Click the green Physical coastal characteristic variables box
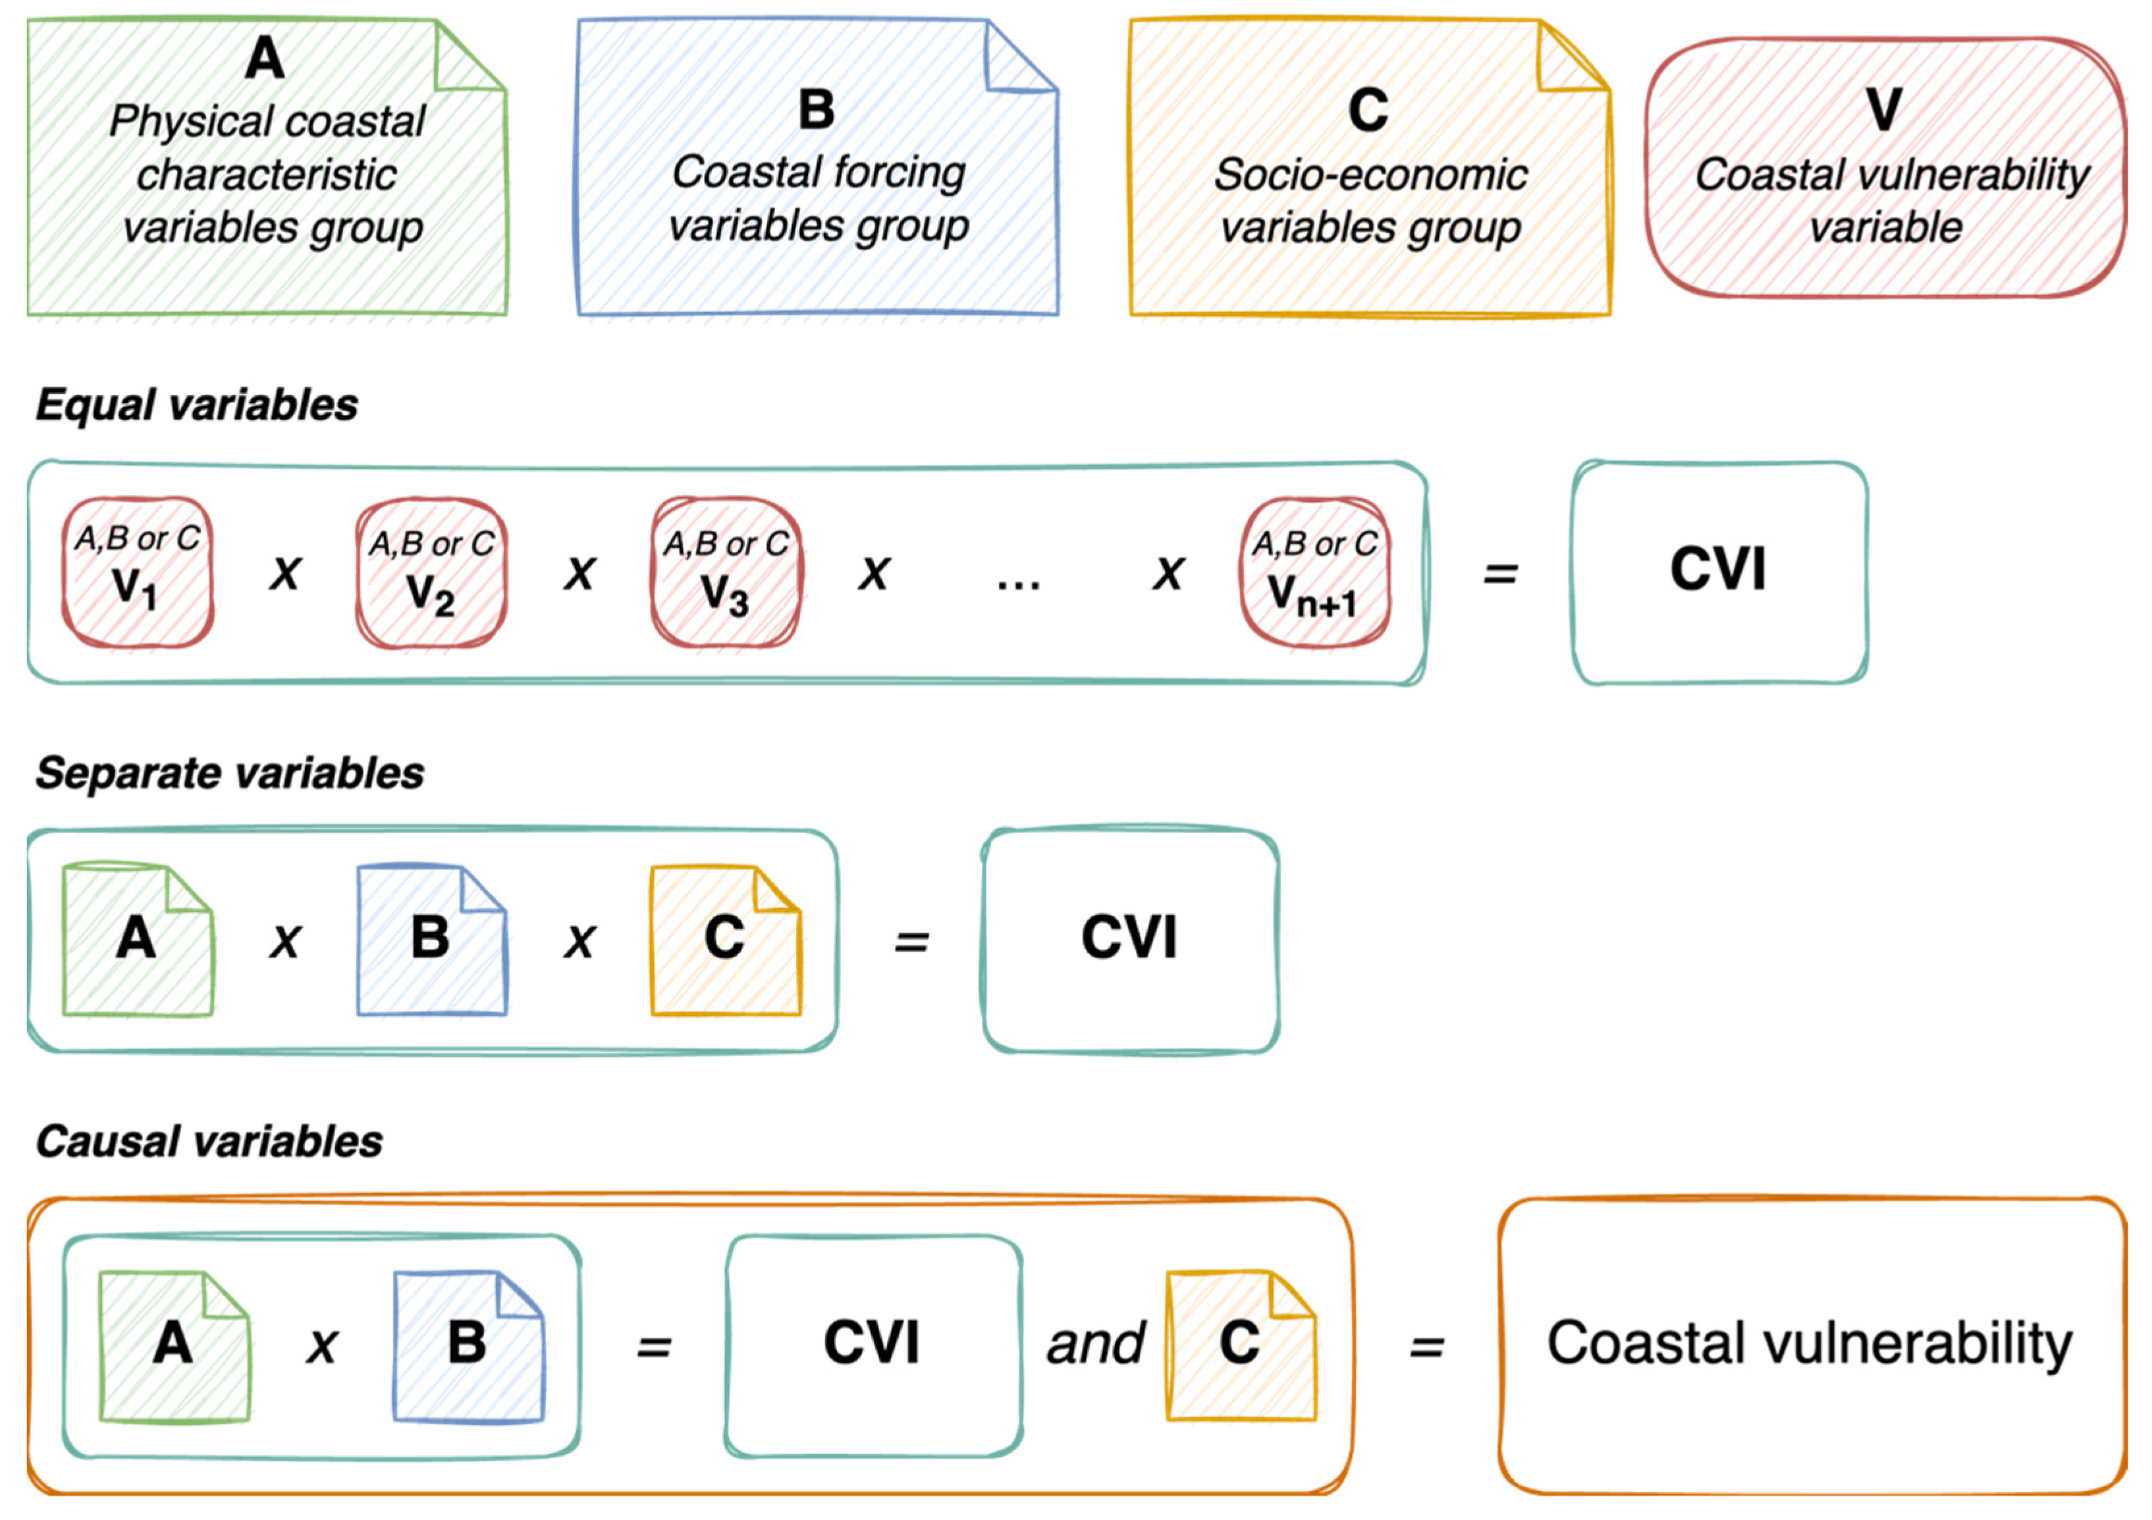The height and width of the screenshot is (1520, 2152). (x=267, y=169)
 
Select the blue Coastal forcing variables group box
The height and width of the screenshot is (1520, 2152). (x=817, y=169)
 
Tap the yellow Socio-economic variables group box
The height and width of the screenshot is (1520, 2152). (x=1370, y=169)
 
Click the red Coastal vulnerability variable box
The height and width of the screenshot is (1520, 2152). (x=1886, y=169)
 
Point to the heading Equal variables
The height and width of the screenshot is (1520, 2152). (x=197, y=405)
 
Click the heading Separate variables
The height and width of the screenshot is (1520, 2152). (x=230, y=773)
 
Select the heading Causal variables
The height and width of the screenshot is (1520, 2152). (x=209, y=1141)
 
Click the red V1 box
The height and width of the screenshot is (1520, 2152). (x=138, y=572)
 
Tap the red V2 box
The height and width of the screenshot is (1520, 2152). (x=431, y=572)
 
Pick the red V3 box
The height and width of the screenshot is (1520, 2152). (x=726, y=572)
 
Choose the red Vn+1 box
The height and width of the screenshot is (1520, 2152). (x=1314, y=572)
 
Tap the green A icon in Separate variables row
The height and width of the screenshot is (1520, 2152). (x=138, y=940)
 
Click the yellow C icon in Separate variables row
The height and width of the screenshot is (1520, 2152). (x=726, y=940)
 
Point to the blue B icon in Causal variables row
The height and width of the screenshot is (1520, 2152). (x=469, y=1345)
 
